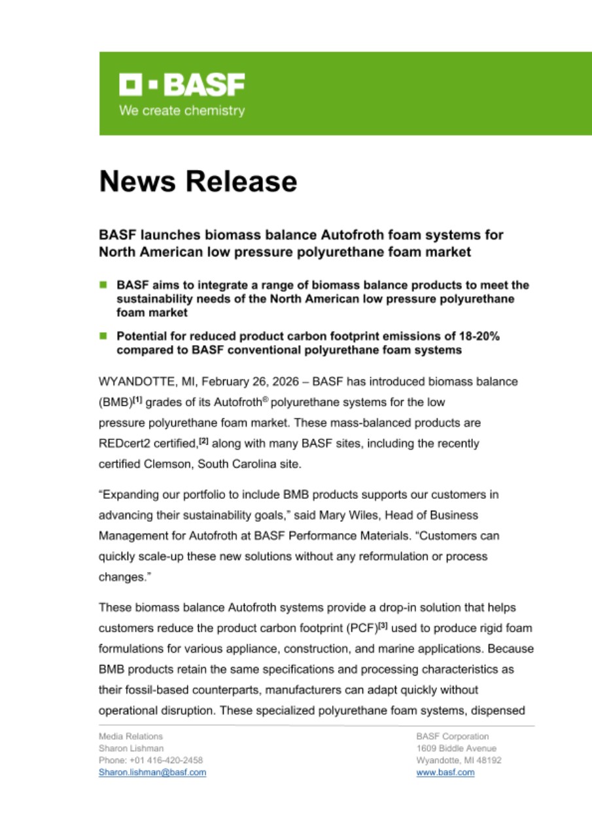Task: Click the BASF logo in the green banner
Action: coord(182,85)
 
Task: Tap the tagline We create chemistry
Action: coord(182,111)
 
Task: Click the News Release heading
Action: coord(198,181)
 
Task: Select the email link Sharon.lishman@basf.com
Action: coord(152,772)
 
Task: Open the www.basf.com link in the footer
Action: coord(445,772)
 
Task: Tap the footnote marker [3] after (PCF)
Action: coord(389,626)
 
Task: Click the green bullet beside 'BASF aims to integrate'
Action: coord(103,285)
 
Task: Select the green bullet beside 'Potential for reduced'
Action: coord(103,335)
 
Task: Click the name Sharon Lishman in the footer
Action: coord(131,748)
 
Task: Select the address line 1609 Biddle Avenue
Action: coord(456,748)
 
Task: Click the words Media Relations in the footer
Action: coord(131,736)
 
